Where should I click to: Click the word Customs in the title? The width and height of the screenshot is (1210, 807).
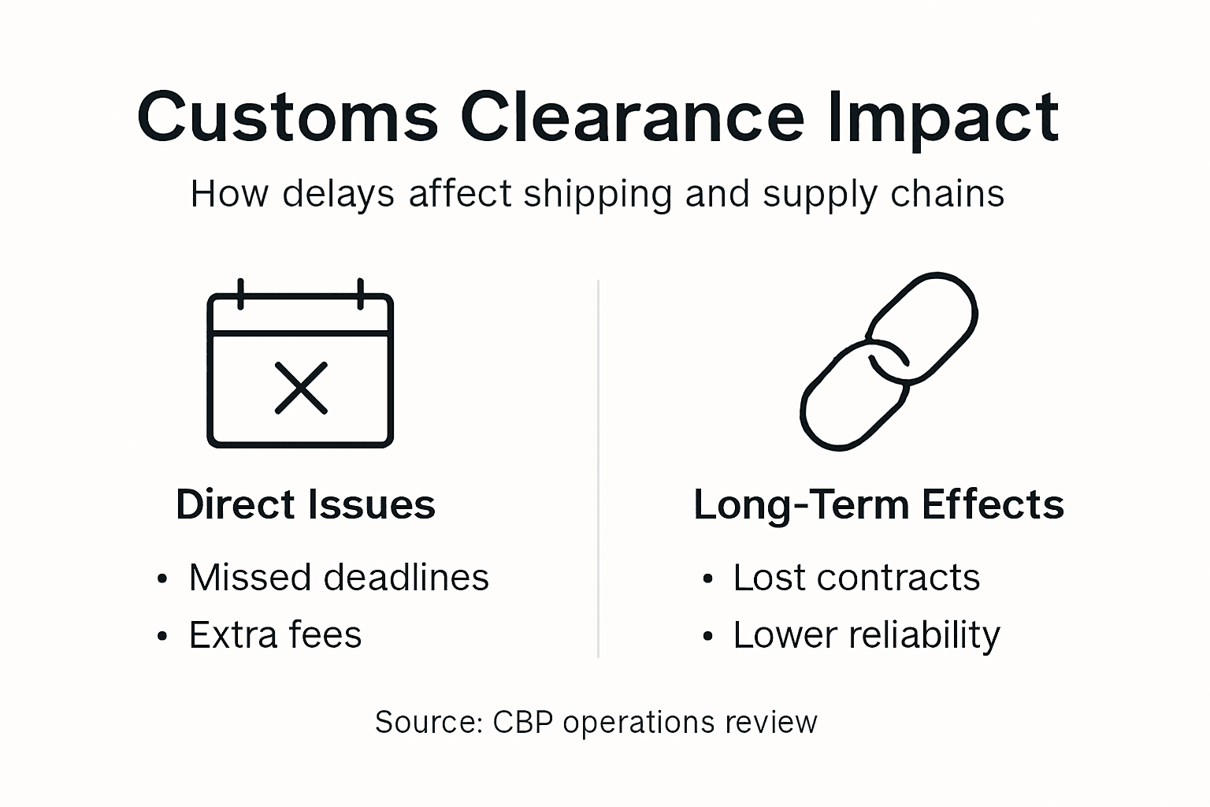click(287, 118)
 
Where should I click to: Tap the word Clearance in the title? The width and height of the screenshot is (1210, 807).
click(631, 118)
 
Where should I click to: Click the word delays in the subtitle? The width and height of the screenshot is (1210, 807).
click(338, 194)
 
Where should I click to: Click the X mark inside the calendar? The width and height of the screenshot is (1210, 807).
click(301, 388)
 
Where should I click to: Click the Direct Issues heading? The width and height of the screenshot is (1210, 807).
click(305, 504)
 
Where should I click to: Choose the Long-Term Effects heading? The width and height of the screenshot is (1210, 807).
click(878, 504)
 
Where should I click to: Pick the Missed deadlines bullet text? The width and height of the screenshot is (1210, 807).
click(339, 578)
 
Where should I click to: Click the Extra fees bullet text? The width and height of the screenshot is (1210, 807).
click(275, 635)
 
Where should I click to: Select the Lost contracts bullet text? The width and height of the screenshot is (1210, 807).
click(856, 578)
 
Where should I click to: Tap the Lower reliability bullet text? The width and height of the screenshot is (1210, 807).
click(867, 635)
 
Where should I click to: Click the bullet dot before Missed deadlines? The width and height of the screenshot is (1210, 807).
click(162, 580)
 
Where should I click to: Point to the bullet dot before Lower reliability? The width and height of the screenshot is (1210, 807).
click(707, 637)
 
